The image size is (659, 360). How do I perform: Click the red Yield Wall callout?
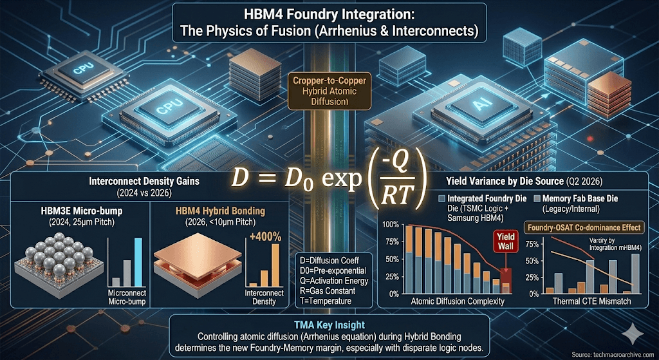[x=502, y=242]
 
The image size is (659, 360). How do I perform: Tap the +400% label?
[x=265, y=237]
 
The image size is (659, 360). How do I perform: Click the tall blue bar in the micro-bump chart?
[x=136, y=261]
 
